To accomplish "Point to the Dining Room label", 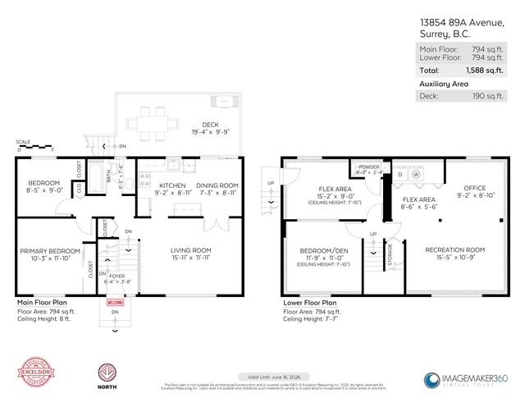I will pos(217,186).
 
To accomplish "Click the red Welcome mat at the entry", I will pos(114,301).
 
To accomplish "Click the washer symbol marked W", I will pos(416,173).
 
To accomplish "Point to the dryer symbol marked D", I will pos(399,173).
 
